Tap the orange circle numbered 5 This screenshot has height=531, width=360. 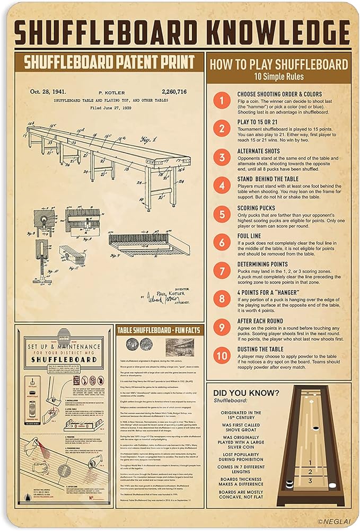(x=222, y=214)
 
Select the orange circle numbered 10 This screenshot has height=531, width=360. (x=222, y=356)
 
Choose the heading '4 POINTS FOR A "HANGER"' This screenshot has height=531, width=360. (x=268, y=293)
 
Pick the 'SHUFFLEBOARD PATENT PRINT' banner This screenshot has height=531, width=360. (x=109, y=62)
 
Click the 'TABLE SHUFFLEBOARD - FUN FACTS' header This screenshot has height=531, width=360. (x=159, y=330)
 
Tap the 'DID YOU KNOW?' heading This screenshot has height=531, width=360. (x=245, y=393)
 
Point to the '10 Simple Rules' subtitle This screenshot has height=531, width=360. (x=278, y=76)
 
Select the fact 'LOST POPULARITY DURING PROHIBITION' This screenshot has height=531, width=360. (x=241, y=457)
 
